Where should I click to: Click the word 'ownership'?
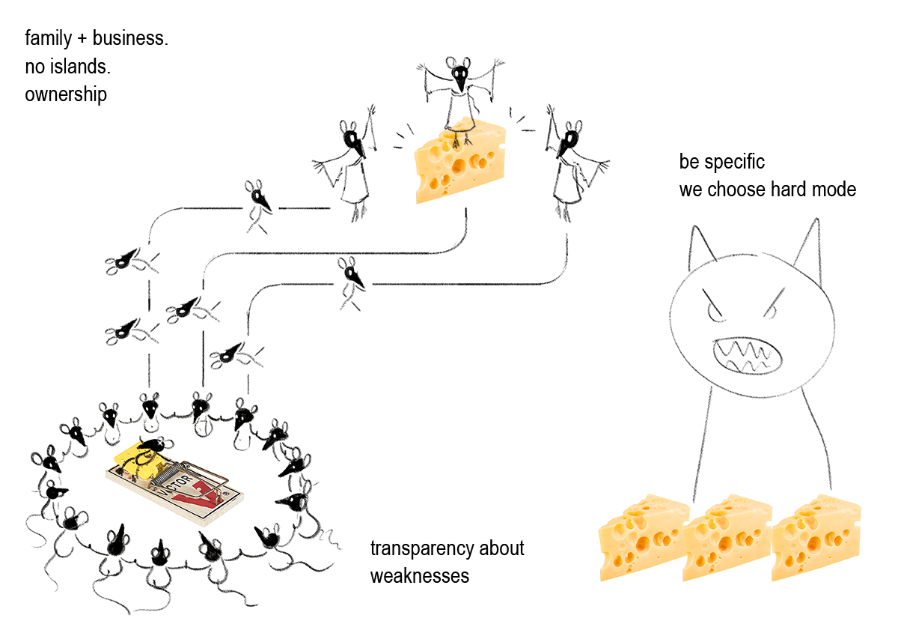pos(65,96)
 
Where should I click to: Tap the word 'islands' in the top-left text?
pos(78,67)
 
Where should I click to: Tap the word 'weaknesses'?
pos(419,576)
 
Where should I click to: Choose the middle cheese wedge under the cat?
pos(727,537)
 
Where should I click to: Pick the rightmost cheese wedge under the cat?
pos(814,537)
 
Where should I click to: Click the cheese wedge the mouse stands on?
pos(459,161)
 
